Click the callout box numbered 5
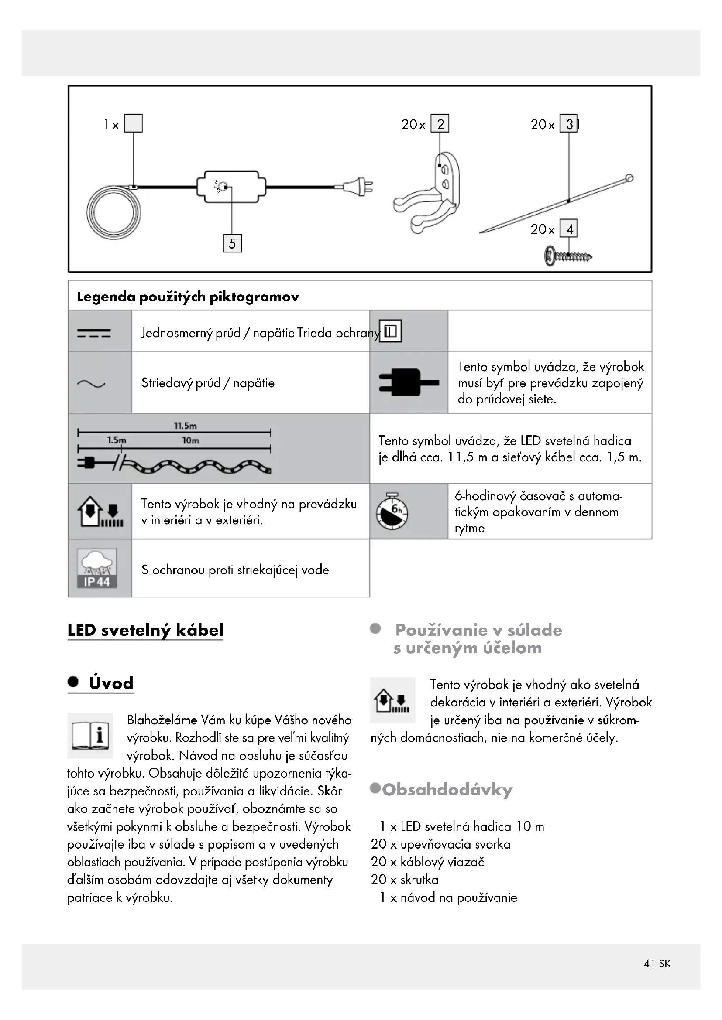[x=232, y=243]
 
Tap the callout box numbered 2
[x=440, y=124]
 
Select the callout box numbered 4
[x=569, y=229]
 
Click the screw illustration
[x=568, y=256]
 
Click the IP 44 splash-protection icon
[x=97, y=568]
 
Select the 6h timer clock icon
[x=392, y=512]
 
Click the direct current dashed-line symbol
[x=94, y=333]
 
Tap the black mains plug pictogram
[x=408, y=382]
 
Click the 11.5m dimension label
[x=185, y=426]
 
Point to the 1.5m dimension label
[x=117, y=440]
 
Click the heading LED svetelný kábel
[x=145, y=630]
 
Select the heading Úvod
[x=111, y=683]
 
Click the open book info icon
[x=90, y=735]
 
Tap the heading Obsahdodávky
[x=447, y=789]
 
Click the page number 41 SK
[x=657, y=963]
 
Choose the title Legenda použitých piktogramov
[x=188, y=297]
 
